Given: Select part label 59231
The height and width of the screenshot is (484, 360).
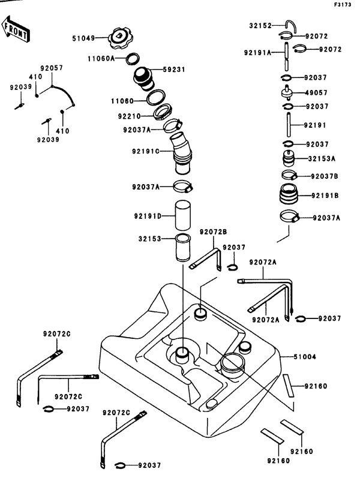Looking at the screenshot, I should point(175,69).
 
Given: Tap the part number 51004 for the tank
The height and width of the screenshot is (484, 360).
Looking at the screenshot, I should point(305,357).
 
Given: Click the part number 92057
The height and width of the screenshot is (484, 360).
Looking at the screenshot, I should point(52,69).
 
